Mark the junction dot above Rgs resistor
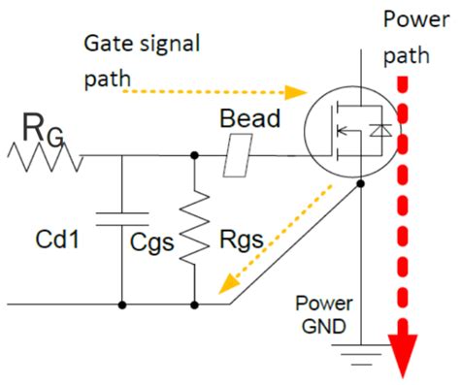pos(196,154)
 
